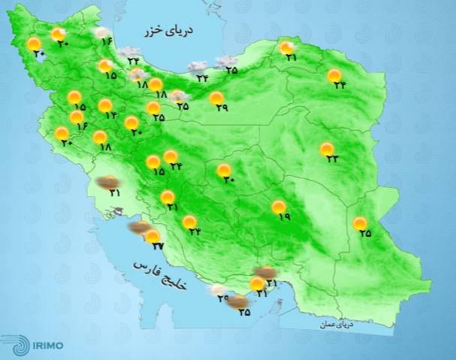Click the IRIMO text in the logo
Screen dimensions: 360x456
pos(47,346)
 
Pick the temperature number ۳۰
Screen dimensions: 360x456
pos(228,180)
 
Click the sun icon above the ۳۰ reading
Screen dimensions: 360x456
pos(224,170)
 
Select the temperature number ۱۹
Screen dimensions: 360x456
pos(283,217)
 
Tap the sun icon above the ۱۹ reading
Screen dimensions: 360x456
pos(278,206)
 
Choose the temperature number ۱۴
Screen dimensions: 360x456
pos(112,115)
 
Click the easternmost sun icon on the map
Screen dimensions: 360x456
pos(361,222)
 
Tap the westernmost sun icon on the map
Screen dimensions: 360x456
pos(33,44)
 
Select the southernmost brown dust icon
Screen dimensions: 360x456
pos(239,303)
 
